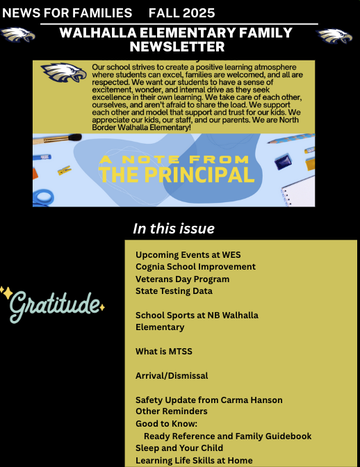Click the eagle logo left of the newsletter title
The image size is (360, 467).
click(x=17, y=35)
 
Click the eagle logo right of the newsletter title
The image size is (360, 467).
click(x=335, y=35)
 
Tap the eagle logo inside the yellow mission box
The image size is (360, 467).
click(x=63, y=73)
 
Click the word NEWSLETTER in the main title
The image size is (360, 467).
click(x=177, y=47)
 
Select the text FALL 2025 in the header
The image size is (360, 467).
click(x=181, y=13)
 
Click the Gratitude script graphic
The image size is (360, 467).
click(x=53, y=304)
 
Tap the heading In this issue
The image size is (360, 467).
click(x=174, y=229)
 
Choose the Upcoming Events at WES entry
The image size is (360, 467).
click(x=188, y=254)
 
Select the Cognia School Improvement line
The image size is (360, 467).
click(x=195, y=266)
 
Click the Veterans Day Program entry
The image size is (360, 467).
click(x=182, y=279)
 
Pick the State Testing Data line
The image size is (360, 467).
click(x=174, y=290)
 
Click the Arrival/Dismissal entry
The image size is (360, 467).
click(x=172, y=375)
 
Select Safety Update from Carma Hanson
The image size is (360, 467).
click(x=208, y=400)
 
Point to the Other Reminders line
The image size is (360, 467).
click(x=171, y=411)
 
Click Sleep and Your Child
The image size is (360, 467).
click(x=179, y=448)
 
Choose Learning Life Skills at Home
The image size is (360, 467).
click(x=194, y=460)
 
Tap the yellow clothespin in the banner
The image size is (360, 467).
click(x=64, y=169)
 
